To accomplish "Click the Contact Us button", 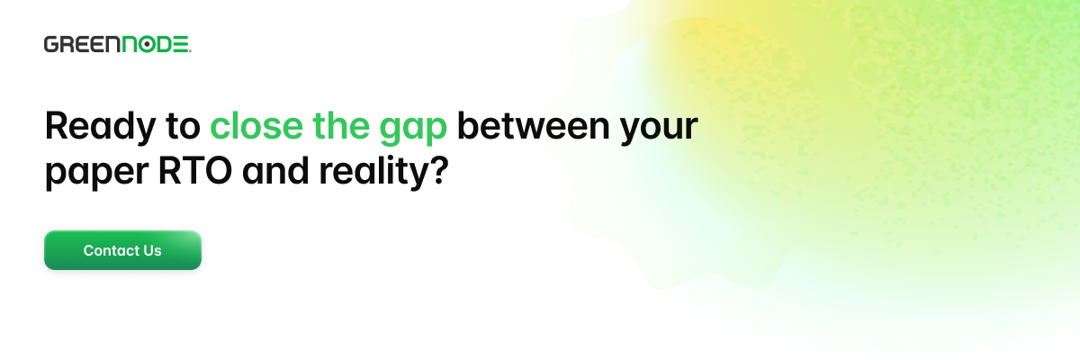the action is tap(122, 250).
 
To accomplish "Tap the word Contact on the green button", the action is tap(107, 250).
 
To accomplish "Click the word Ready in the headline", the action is tap(100, 127).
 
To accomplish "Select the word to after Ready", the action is tap(183, 127).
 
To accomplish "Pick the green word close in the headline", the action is tap(256, 125).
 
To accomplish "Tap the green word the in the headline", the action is tap(341, 125).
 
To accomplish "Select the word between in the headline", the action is tap(533, 125).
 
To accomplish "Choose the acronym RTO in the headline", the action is tap(194, 171).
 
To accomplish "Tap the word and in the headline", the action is tap(274, 170).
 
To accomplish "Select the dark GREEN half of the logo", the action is tap(82, 44).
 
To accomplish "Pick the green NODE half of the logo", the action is tap(156, 44).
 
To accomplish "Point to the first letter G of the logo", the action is tap(51, 44).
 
